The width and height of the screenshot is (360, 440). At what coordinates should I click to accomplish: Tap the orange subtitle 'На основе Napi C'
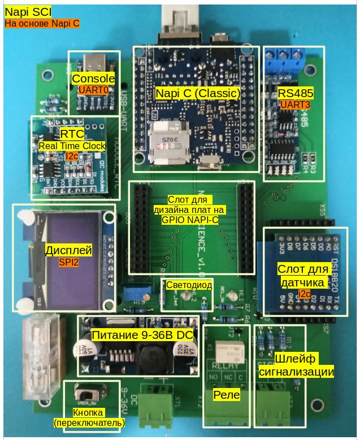(x=42, y=24)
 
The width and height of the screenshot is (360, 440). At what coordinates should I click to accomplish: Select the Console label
(x=94, y=79)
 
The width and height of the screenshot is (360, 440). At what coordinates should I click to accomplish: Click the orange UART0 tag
(x=93, y=90)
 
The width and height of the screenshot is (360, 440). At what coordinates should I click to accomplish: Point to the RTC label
(x=72, y=134)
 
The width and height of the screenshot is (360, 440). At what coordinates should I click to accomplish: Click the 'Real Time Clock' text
(x=72, y=146)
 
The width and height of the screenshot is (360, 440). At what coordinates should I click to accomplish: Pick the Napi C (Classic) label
(x=197, y=93)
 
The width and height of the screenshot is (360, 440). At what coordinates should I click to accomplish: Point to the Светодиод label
(x=189, y=285)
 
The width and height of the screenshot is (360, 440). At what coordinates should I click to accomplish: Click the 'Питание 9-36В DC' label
(x=143, y=336)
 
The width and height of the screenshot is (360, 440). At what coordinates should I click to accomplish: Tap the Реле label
(x=226, y=395)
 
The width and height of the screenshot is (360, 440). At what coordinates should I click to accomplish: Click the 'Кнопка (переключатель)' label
(x=89, y=417)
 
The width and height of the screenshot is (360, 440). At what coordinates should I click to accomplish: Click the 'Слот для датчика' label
(x=302, y=275)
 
